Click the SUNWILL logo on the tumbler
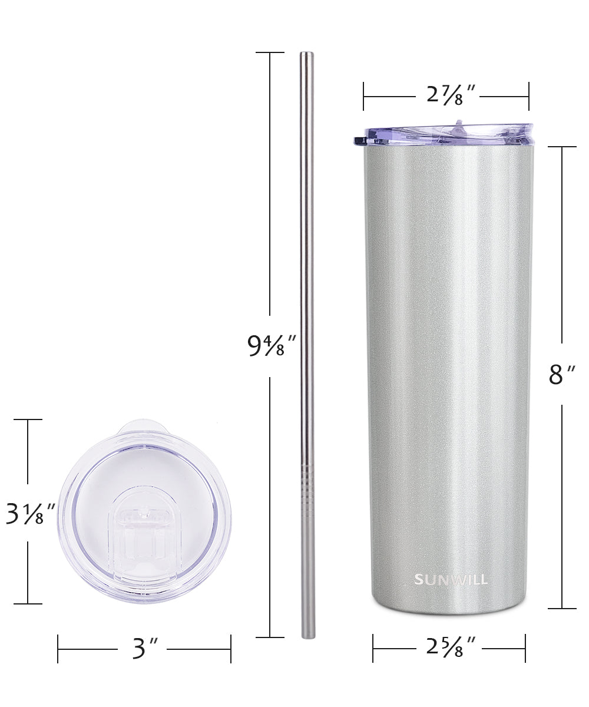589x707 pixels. tap(451, 579)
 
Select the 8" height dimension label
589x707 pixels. tap(561, 375)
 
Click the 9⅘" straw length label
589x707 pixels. tap(272, 346)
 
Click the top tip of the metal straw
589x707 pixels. tap(307, 52)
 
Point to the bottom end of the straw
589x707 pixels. tap(308, 637)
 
